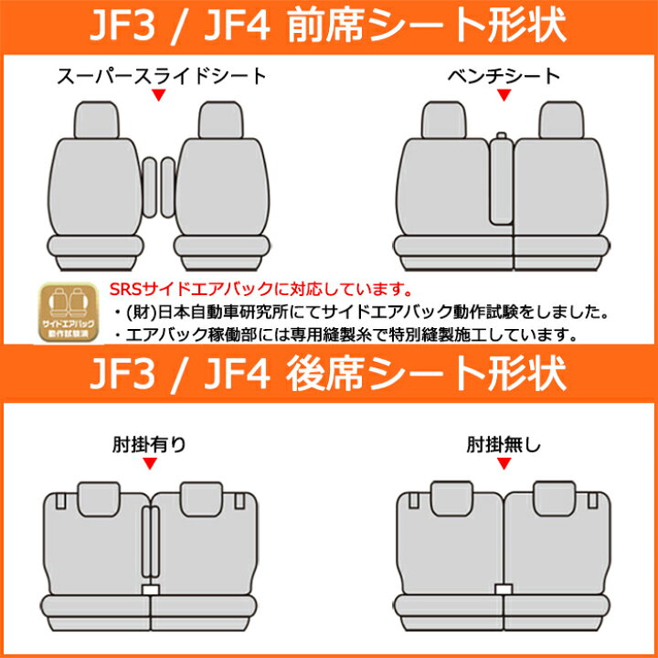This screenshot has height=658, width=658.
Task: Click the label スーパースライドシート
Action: pyautogui.click(x=162, y=77)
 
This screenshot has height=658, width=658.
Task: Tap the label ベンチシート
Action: pyautogui.click(x=504, y=77)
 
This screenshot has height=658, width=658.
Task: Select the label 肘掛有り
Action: pyautogui.click(x=149, y=445)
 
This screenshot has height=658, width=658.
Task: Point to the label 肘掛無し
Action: pyautogui.click(x=504, y=445)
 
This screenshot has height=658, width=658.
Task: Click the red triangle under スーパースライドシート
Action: pyautogui.click(x=158, y=94)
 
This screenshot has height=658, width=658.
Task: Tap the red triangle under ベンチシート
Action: pyautogui.click(x=504, y=94)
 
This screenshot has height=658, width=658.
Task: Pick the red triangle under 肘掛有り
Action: pyautogui.click(x=149, y=463)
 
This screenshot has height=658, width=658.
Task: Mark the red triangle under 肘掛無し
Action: pyautogui.click(x=504, y=463)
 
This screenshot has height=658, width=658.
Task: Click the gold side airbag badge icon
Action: pyautogui.click(x=69, y=312)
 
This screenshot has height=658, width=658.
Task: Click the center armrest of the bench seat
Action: pyautogui.click(x=501, y=179)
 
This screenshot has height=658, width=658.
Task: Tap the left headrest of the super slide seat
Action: pyautogui.click(x=97, y=120)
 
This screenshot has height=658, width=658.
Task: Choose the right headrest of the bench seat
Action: pyautogui.click(x=561, y=120)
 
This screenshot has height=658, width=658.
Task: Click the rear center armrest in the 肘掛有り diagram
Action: pyautogui.click(x=150, y=542)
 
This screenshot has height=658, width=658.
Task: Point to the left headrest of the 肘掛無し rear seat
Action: pyautogui.click(x=452, y=499)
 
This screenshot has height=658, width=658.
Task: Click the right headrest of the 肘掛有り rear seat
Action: pyautogui.click(x=201, y=499)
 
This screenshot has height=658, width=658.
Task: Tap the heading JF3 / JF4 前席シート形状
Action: pyautogui.click(x=329, y=26)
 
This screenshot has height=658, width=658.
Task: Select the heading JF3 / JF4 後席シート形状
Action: pyautogui.click(x=329, y=374)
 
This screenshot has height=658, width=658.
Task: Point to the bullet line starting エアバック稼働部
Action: pyautogui.click(x=345, y=334)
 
